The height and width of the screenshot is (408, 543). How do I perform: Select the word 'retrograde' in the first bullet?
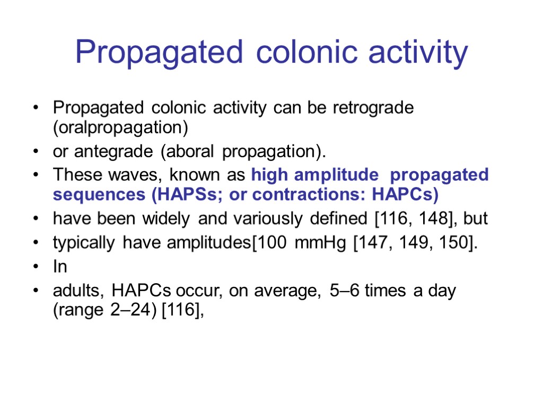pyautogui.click(x=373, y=108)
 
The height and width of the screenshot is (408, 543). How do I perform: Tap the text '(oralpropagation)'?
pyautogui.click(x=121, y=129)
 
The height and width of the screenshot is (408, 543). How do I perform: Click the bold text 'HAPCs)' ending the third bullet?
pyautogui.click(x=405, y=195)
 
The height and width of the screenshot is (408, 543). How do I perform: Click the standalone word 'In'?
pyautogui.click(x=60, y=267)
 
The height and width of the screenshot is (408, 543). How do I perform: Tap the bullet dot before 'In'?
pyautogui.click(x=35, y=267)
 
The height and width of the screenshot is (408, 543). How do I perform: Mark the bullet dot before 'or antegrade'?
pyautogui.click(x=35, y=152)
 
